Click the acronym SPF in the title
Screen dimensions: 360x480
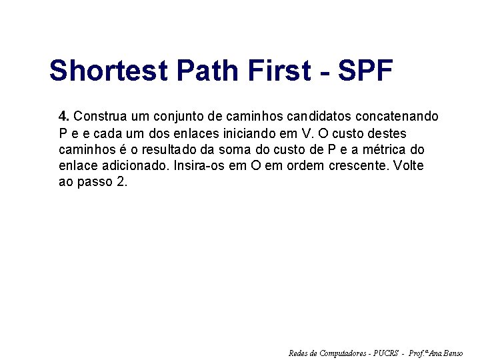point(367,71)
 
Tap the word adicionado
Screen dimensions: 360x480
point(137,165)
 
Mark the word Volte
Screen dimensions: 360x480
point(409,165)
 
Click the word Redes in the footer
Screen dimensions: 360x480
point(299,353)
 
